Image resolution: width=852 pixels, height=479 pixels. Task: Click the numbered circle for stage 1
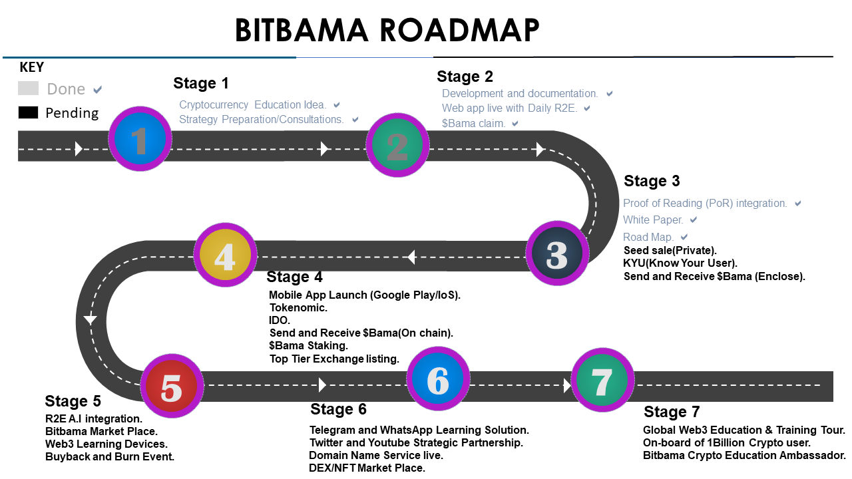[140, 139]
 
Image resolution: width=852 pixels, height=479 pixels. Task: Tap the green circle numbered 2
[397, 145]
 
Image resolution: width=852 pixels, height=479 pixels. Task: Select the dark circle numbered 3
[557, 253]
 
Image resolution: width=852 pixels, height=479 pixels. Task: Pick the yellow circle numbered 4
[225, 255]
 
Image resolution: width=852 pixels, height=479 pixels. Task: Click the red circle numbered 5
[172, 387]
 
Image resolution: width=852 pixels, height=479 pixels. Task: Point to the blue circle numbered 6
[438, 379]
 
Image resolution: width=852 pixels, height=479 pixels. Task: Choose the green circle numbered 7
[602, 380]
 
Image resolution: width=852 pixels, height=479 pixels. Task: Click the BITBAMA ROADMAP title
[387, 31]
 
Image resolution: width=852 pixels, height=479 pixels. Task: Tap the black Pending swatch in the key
[28, 113]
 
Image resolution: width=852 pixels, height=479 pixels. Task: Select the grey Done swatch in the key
[28, 88]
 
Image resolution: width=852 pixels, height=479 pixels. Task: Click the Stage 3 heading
[652, 181]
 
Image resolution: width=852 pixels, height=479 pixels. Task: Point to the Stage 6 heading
[338, 409]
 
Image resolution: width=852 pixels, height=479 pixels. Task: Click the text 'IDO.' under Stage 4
[280, 320]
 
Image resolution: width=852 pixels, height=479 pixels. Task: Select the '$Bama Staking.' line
[308, 346]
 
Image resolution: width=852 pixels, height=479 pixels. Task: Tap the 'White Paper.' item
[653, 220]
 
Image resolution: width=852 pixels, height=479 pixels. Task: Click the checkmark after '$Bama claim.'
[515, 124]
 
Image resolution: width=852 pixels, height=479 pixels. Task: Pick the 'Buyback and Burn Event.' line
[110, 457]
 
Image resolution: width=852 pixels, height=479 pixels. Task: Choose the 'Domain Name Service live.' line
[376, 456]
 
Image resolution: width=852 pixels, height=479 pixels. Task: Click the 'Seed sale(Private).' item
[670, 251]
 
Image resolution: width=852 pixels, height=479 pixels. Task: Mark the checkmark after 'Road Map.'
[684, 238]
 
